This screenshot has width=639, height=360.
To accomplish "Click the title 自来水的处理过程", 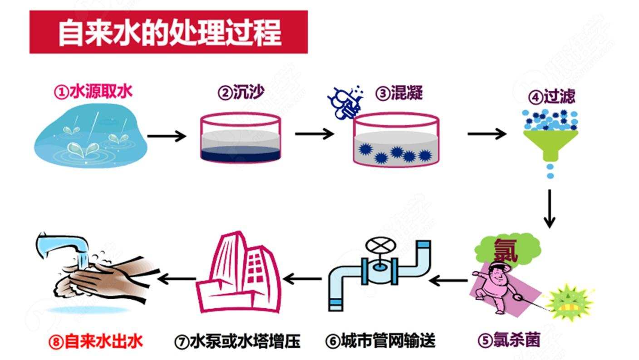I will point(169,33).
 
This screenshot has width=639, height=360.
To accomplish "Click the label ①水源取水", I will point(93,92).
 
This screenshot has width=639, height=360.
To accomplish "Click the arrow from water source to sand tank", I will point(167,135).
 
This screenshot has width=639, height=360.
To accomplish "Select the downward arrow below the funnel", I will point(550,209).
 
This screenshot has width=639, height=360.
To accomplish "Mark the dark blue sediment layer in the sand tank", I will point(240,155).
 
